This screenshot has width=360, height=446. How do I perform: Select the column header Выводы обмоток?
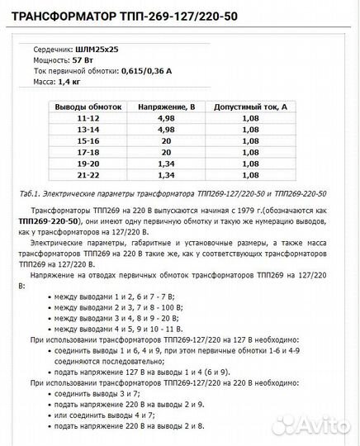point(88,107)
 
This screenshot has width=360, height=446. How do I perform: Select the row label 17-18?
point(88,152)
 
